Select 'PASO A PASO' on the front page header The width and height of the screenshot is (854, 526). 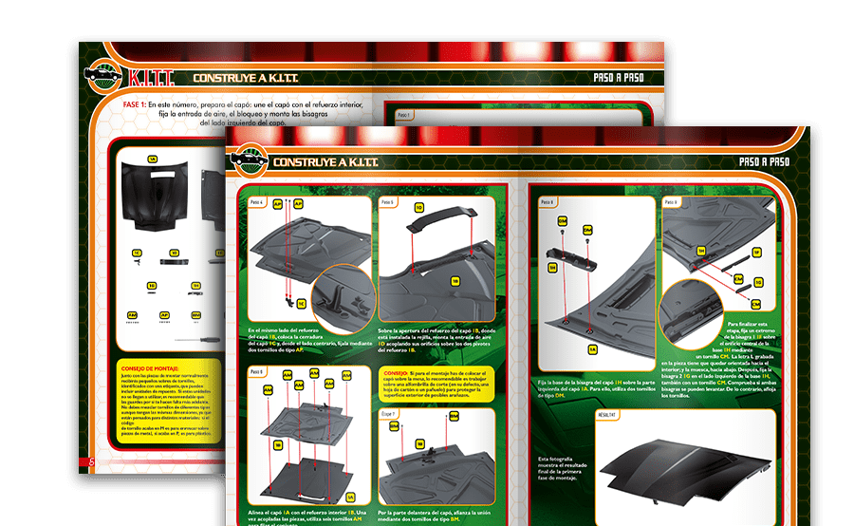[x=764, y=162]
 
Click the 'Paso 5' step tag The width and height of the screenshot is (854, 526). [x=388, y=203]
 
